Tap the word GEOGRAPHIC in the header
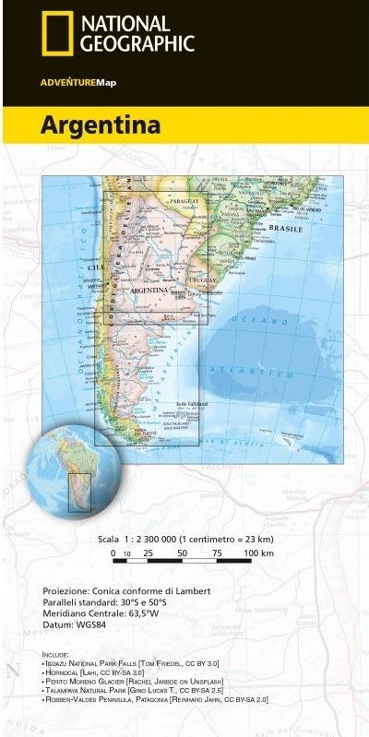[x=137, y=43]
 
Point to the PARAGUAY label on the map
[x=184, y=201]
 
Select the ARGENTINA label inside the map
[x=149, y=290]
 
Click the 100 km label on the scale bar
[x=258, y=553]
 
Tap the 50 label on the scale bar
[x=183, y=553]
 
